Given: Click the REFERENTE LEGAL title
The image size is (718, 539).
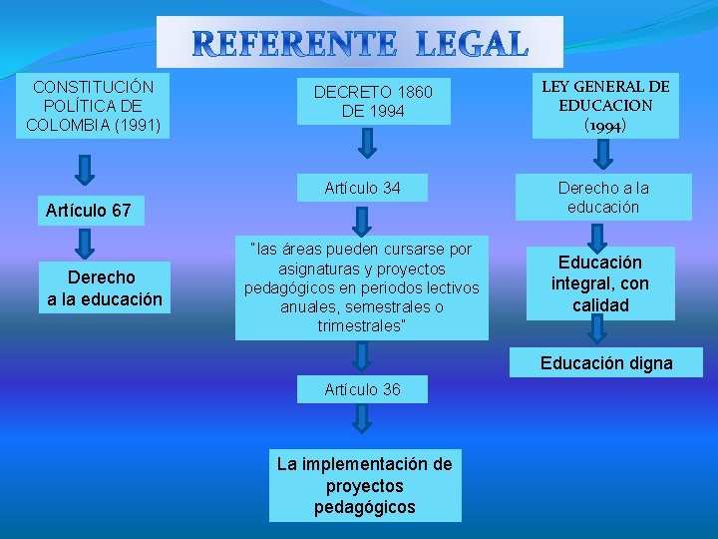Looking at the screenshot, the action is pos(359,44).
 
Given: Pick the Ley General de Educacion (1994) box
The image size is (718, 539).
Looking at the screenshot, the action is pos(605,106).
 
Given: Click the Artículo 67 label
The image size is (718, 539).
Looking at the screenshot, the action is pos(89,211).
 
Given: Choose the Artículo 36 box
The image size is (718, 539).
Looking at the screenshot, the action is pos(362,389).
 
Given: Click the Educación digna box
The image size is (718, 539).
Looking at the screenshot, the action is pos(606,363).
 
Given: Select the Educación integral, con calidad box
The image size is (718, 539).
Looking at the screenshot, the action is pos(600,283).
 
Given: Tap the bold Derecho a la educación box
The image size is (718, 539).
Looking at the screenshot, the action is pos(104,287).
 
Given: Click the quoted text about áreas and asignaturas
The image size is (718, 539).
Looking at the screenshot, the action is pos(362,287).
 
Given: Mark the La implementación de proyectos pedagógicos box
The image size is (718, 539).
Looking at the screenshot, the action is pos(365,486).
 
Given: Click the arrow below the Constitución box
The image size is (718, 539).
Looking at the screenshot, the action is pos(87,169).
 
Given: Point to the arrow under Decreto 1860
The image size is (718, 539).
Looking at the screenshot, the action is pos(366,146).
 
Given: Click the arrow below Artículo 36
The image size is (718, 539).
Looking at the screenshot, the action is pos(363,420).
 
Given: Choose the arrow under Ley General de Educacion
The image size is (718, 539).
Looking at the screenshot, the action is pos(603,155).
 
